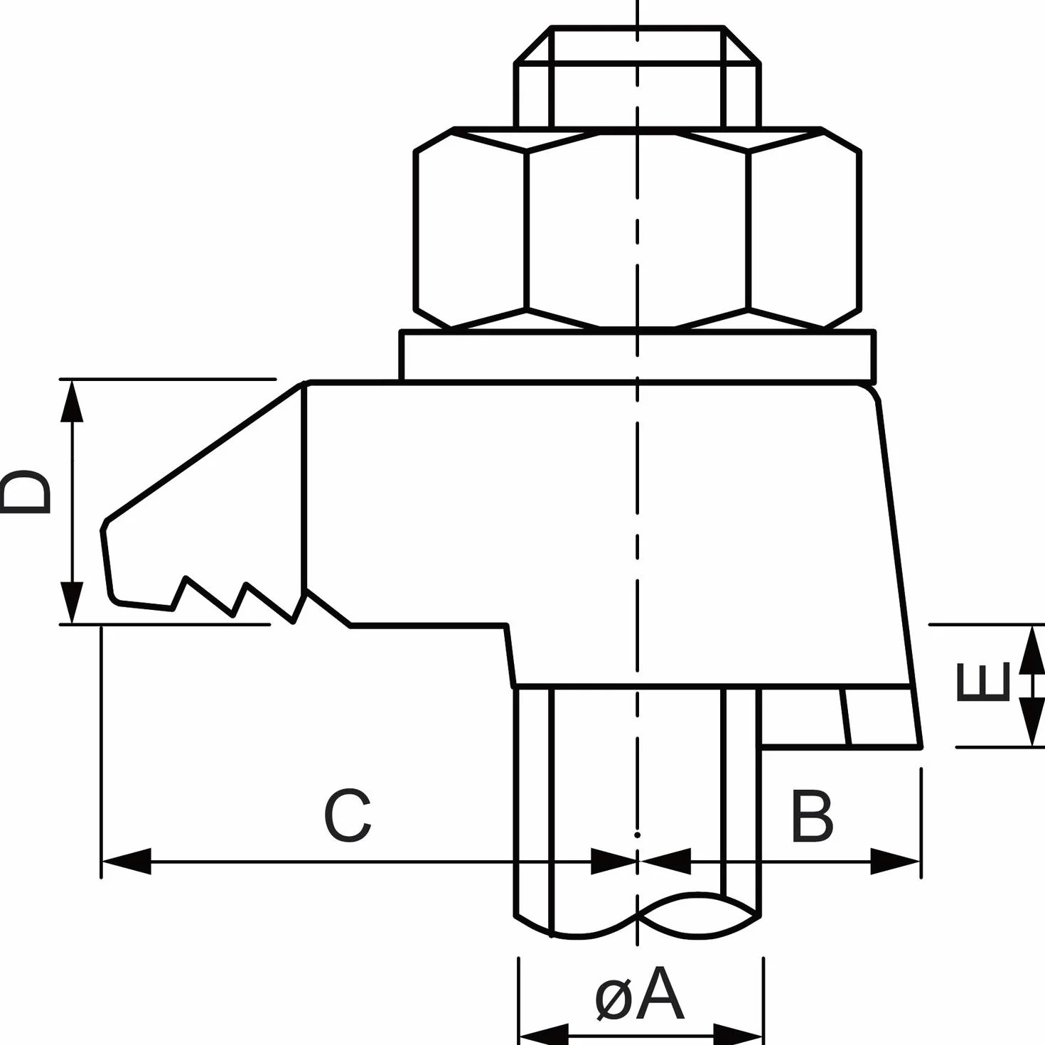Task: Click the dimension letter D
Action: click(x=25, y=492)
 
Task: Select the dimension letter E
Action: click(x=982, y=681)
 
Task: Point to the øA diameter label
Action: click(x=639, y=993)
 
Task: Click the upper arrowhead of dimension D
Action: click(x=72, y=402)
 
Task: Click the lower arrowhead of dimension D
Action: click(x=72, y=603)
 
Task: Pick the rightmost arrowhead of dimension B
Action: click(x=895, y=861)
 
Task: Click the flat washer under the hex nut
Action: click(x=637, y=356)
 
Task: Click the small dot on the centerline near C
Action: click(x=637, y=835)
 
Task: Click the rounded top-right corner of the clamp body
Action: click(x=872, y=392)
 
